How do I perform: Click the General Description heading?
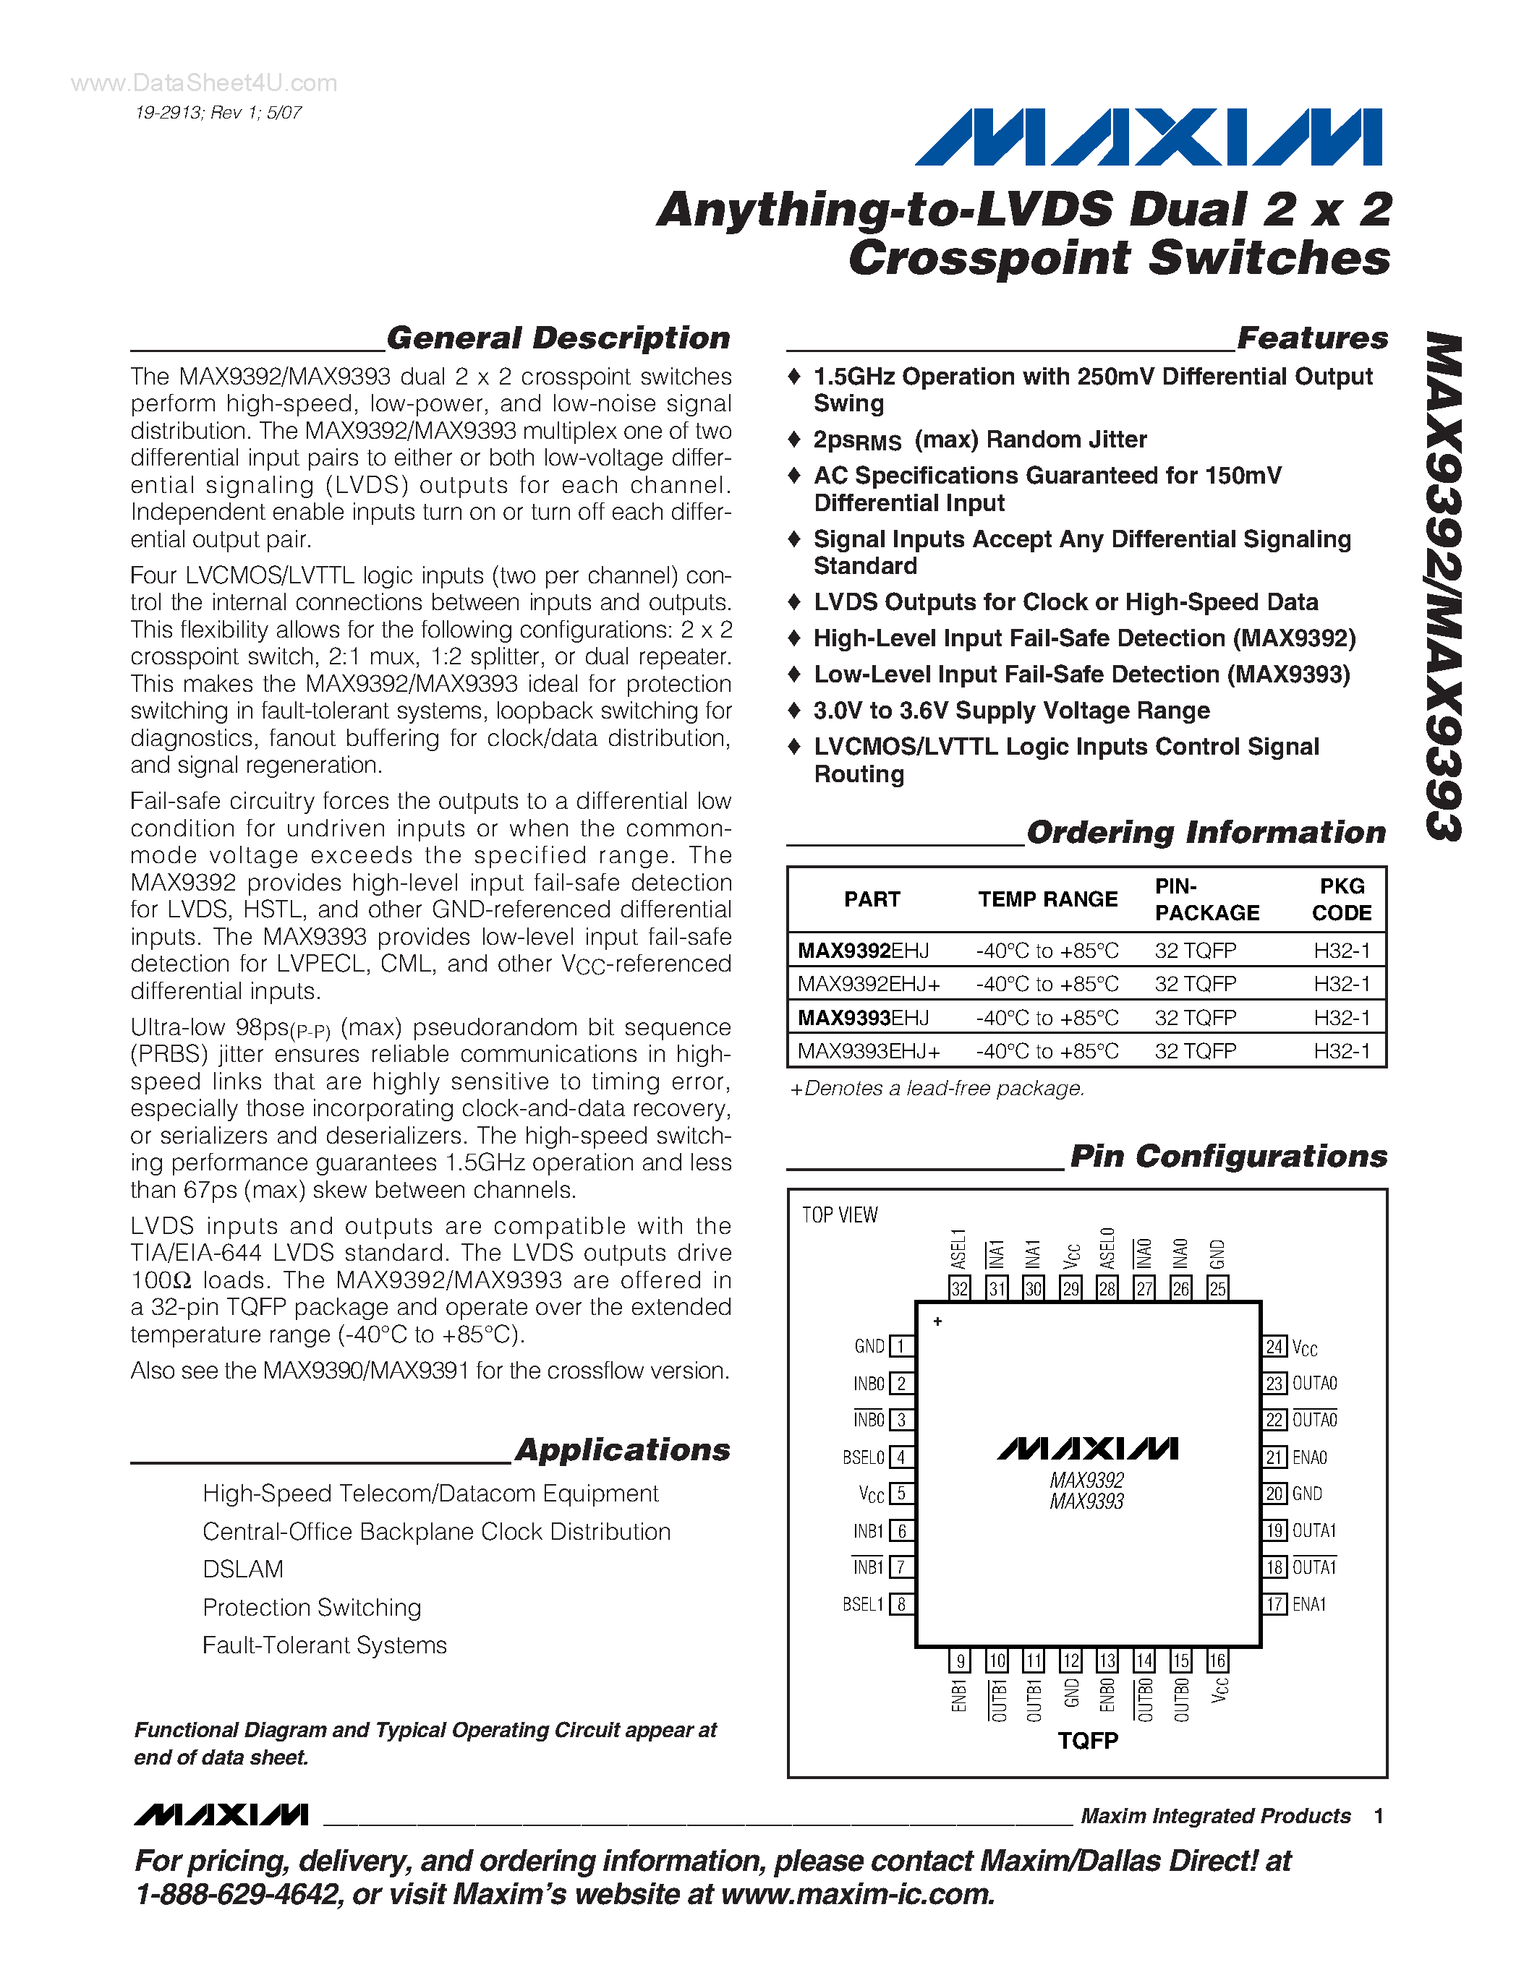coord(558,338)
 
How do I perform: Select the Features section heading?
coord(1312,338)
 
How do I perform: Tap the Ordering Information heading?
coord(1206,832)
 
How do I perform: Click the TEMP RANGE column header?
coord(1047,899)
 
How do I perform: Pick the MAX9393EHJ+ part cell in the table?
coord(869,1051)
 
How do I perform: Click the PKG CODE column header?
coord(1341,899)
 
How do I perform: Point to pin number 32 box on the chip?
coord(960,1288)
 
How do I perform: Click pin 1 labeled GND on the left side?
coord(901,1346)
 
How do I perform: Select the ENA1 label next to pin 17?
coord(1309,1605)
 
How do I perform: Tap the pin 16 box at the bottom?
coord(1217,1661)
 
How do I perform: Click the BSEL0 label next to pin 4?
coord(863,1457)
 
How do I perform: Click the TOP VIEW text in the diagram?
coord(840,1215)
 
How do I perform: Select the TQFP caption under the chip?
coord(1087,1741)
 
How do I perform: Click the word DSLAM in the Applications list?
coord(243,1569)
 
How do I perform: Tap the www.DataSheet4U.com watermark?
coord(204,83)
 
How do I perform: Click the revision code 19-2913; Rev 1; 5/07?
coord(218,113)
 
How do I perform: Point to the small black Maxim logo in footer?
coord(221,1815)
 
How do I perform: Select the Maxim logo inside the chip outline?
coord(1087,1448)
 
